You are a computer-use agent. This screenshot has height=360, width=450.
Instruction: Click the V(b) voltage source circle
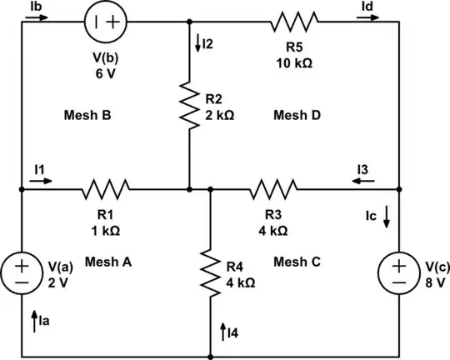click(x=111, y=20)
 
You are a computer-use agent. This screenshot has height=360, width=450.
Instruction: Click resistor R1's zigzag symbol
click(x=104, y=190)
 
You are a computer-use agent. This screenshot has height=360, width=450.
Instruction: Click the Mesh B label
click(x=87, y=116)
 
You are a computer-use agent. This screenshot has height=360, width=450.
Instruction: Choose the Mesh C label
click(x=297, y=261)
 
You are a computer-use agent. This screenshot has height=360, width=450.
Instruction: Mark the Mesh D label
click(x=297, y=116)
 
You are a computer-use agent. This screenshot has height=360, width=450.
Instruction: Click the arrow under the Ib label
click(x=32, y=20)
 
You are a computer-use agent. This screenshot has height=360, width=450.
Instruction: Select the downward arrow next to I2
click(x=196, y=44)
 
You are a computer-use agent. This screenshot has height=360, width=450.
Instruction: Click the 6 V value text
click(x=110, y=72)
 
